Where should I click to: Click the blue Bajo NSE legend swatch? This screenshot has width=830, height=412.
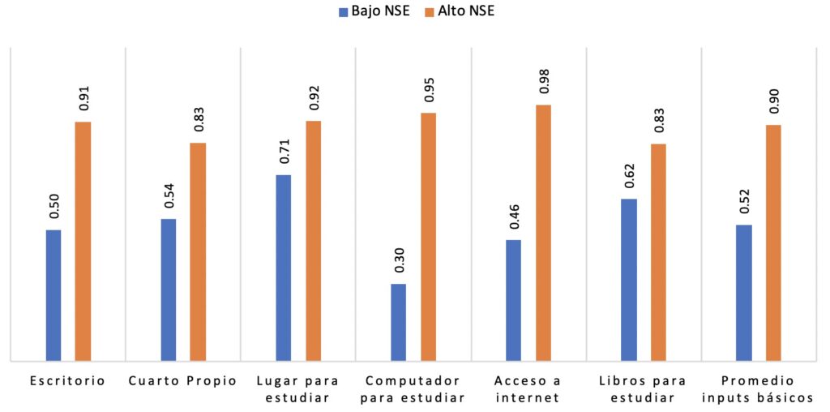(x=344, y=11)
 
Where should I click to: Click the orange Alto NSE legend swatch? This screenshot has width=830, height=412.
(x=430, y=11)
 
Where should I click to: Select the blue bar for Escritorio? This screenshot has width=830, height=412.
(x=53, y=295)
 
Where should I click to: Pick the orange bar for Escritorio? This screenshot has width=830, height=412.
(x=83, y=241)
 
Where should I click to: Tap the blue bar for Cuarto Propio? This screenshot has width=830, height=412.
(x=169, y=290)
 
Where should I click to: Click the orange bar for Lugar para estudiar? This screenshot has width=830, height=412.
(x=313, y=240)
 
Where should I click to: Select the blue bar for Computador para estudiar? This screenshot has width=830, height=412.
(x=398, y=322)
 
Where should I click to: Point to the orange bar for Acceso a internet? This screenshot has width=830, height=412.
(x=543, y=233)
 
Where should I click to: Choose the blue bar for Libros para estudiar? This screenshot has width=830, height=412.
(x=629, y=279)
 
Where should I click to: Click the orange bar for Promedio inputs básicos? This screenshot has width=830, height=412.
(x=772, y=242)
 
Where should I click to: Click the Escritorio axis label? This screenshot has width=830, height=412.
(x=67, y=380)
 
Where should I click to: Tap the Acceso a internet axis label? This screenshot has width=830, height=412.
(x=528, y=388)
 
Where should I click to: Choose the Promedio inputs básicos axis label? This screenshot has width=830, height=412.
(x=758, y=388)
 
